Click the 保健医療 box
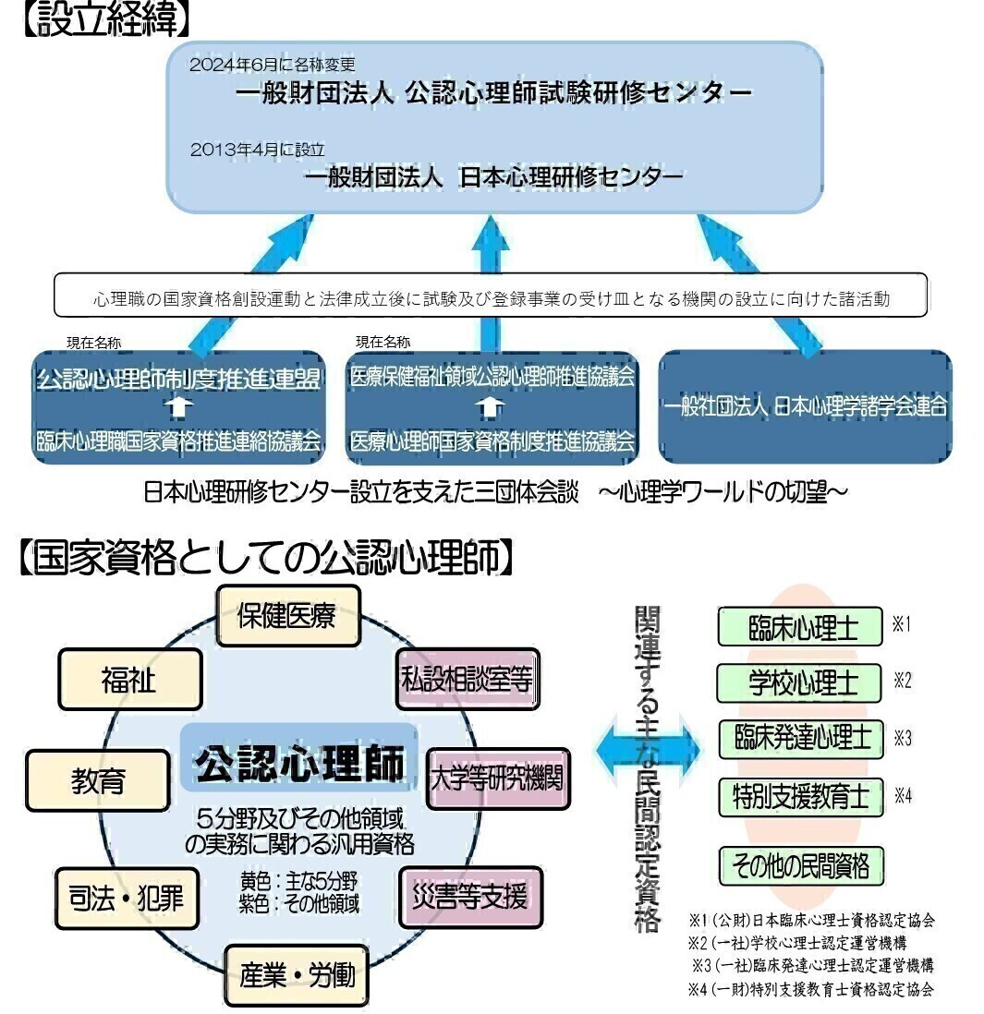(x=286, y=616)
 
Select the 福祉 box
(x=129, y=680)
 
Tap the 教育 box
(x=98, y=781)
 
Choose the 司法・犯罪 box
(x=127, y=898)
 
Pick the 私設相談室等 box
(x=467, y=680)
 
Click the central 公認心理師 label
(x=298, y=764)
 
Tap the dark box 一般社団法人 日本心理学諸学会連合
(x=805, y=406)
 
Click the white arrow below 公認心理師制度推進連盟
(x=180, y=407)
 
